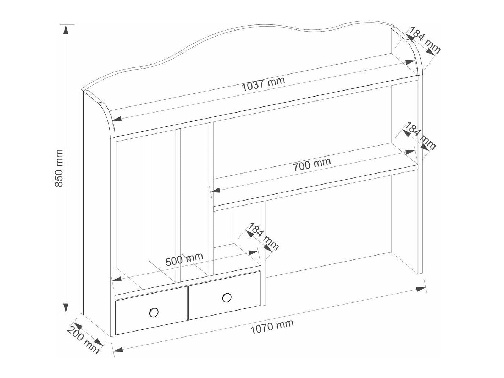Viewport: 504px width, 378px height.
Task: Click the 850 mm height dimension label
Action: pos(59,169)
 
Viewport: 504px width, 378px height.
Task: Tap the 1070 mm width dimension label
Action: pos(272,327)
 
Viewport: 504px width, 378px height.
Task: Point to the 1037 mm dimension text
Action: pos(264,84)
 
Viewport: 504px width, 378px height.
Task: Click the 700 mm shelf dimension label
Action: pos(311,165)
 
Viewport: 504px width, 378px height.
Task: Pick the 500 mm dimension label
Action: pos(184,259)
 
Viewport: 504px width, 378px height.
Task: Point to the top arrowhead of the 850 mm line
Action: pos(66,30)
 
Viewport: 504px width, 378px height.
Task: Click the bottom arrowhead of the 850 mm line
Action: pos(66,307)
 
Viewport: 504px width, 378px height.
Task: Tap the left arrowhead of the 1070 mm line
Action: pos(118,356)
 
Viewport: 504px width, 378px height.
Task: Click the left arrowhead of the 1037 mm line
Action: pos(117,119)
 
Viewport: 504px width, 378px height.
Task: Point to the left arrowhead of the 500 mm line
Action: pos(117,279)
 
